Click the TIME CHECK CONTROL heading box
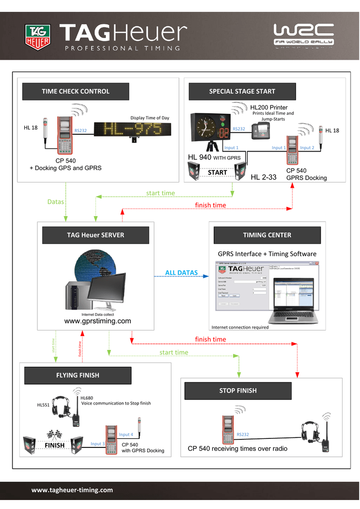(x=76, y=91)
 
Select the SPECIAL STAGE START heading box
(x=242, y=91)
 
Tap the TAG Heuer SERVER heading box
(x=95, y=235)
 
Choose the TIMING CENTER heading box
(x=267, y=235)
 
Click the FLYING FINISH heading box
(x=78, y=375)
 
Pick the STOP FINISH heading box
(x=238, y=391)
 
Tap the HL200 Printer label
(x=269, y=107)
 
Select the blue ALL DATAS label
(x=181, y=273)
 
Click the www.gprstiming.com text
(x=98, y=321)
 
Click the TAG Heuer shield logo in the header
(x=38, y=38)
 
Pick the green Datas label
(x=55, y=202)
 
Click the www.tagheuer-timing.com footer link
(x=72, y=490)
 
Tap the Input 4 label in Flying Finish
(x=126, y=434)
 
